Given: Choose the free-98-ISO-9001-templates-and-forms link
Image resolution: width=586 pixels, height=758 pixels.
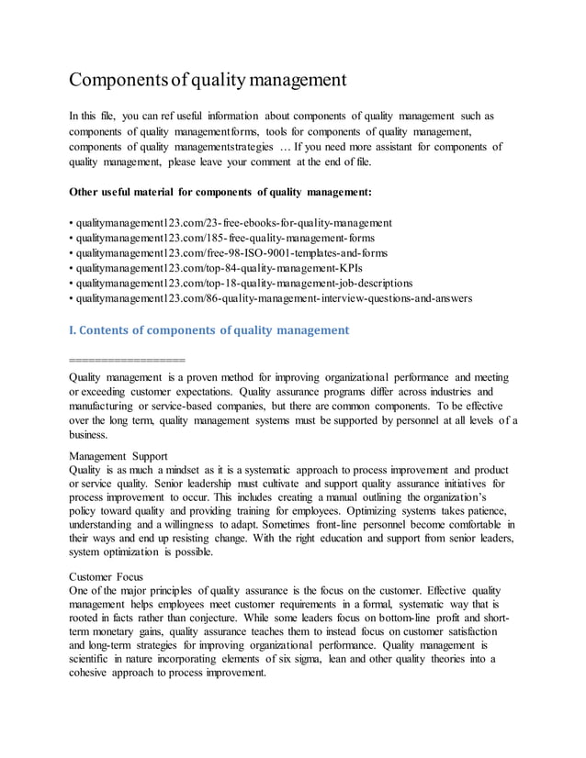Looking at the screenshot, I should click(231, 253).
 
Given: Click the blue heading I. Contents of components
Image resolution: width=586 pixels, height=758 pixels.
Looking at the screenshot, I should click(209, 329).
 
